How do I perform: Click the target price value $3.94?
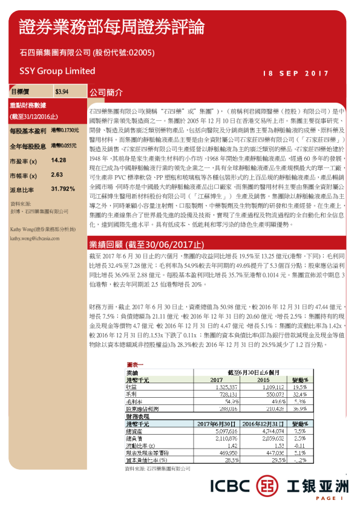(62, 92)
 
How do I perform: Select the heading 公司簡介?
(106, 93)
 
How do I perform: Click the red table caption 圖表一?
(135, 365)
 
